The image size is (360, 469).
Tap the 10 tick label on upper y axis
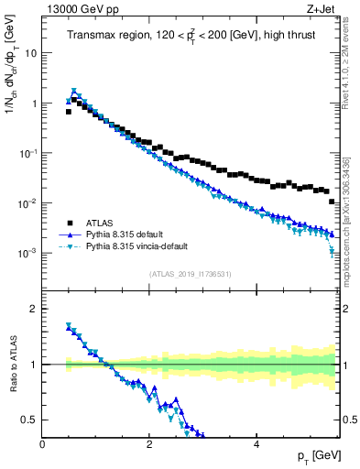tap(29, 53)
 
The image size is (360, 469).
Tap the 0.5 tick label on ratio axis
tap(29, 420)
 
